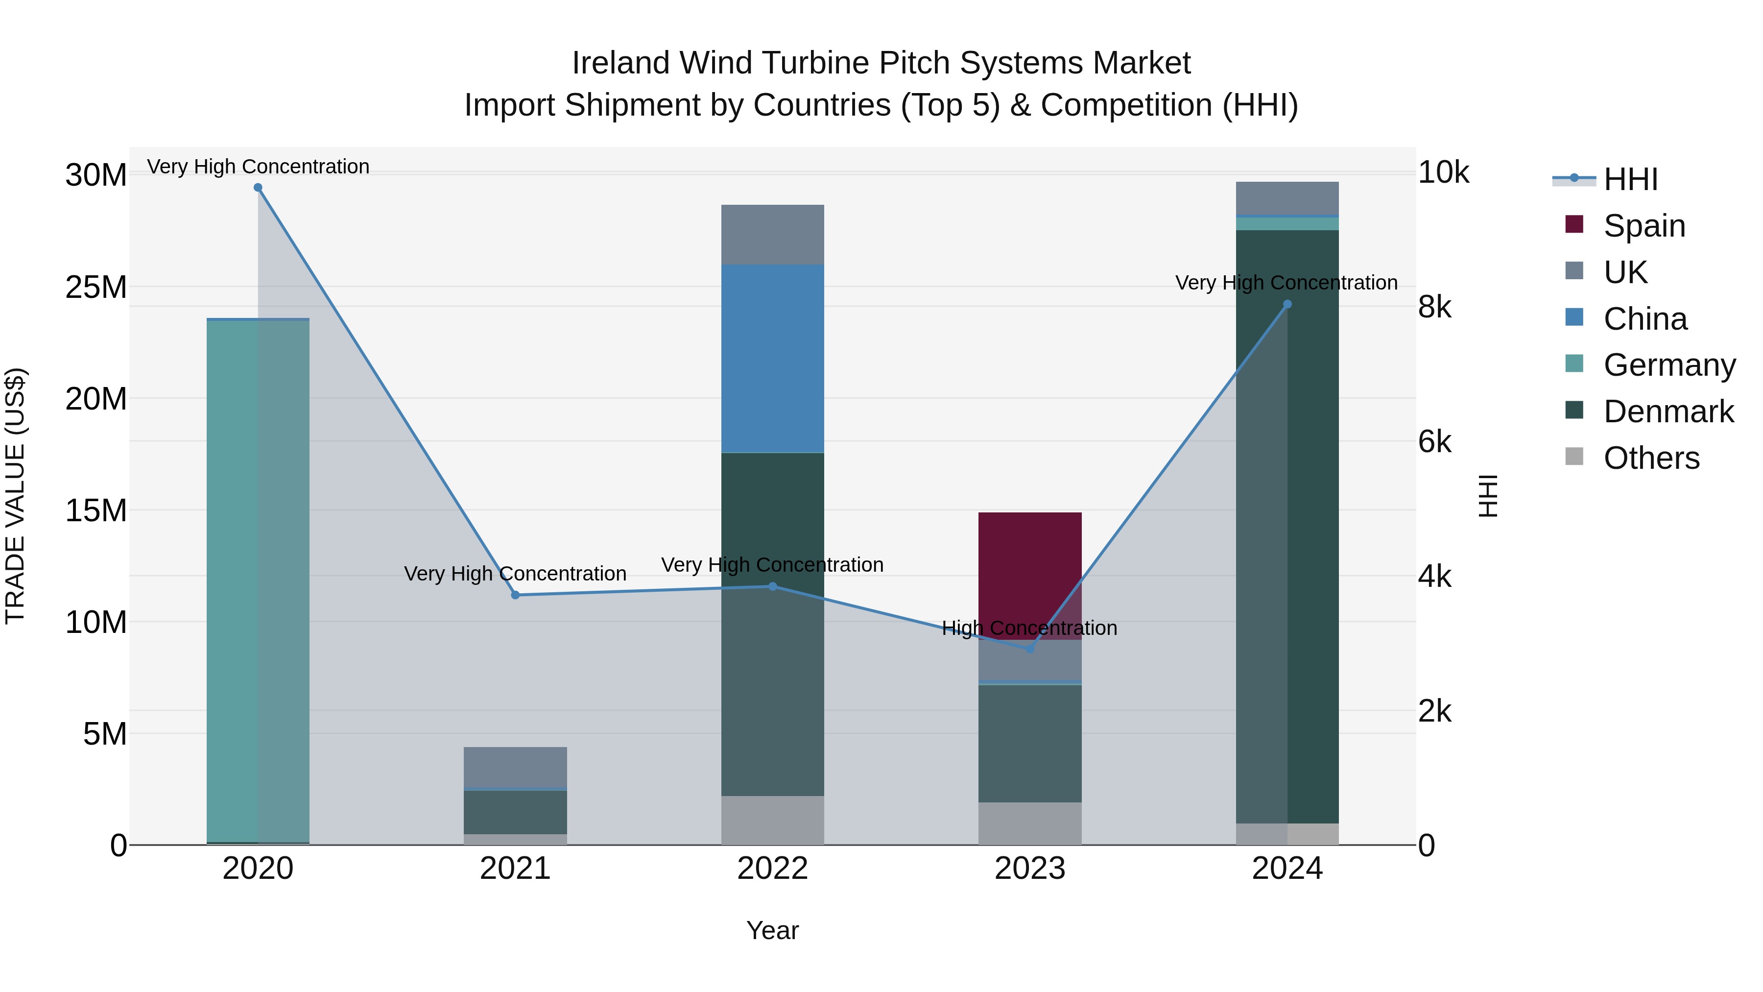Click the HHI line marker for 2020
(x=258, y=188)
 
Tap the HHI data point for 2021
(x=515, y=595)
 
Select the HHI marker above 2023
(x=1030, y=648)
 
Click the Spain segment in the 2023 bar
(x=1030, y=568)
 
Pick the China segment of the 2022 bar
(x=773, y=359)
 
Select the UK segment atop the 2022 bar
(x=773, y=235)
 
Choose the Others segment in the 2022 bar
(x=773, y=820)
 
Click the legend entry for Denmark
(x=1668, y=411)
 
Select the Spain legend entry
(x=1644, y=226)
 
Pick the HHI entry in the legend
(x=1630, y=179)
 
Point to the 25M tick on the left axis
(x=96, y=287)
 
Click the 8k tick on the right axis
(x=1434, y=307)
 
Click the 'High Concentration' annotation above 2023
(x=1029, y=628)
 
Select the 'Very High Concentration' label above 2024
(x=1286, y=283)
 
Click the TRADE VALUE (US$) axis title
(x=15, y=496)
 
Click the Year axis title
(x=773, y=930)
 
